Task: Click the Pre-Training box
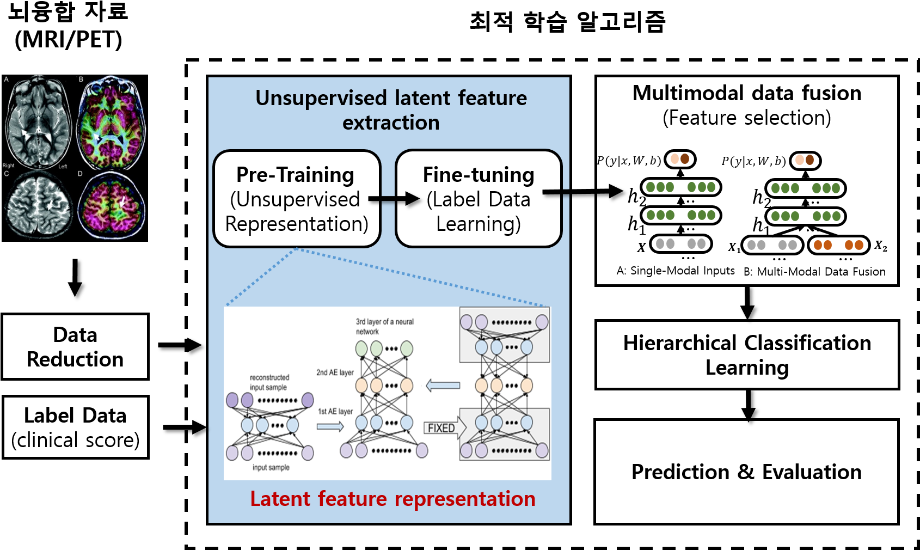click(x=297, y=199)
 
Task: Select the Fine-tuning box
click(x=478, y=199)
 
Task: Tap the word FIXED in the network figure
click(x=441, y=428)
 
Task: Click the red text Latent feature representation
click(x=392, y=499)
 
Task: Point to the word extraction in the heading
click(x=391, y=123)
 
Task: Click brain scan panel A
click(x=38, y=121)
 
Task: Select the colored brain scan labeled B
click(x=112, y=123)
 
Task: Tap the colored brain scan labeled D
click(x=112, y=205)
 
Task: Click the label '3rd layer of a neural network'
click(x=384, y=326)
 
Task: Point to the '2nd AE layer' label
click(x=335, y=372)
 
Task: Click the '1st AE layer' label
click(x=335, y=411)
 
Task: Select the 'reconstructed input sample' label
click(x=269, y=382)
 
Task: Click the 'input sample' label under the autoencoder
click(x=271, y=467)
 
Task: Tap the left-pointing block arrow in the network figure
click(x=443, y=386)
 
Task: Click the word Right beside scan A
click(x=8, y=166)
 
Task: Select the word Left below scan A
click(x=63, y=167)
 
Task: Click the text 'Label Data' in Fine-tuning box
click(x=478, y=199)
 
